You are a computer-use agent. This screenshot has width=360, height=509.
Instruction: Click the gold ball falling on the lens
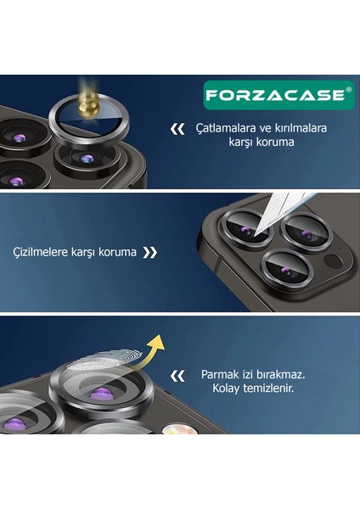pos(85,96)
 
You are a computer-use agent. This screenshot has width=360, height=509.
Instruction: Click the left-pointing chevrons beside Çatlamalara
pos(177,129)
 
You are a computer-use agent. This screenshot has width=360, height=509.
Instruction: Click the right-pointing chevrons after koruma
pos(149,252)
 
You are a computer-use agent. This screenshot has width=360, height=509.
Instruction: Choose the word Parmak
pos(221,373)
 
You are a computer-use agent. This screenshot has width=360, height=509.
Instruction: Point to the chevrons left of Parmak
pos(177,374)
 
